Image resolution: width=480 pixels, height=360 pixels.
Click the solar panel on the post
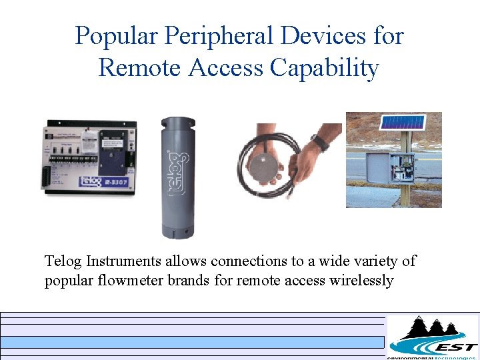(x=401, y=123)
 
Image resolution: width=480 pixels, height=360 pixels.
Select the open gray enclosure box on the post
(x=402, y=169)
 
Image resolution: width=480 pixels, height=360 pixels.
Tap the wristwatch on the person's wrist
(x=319, y=142)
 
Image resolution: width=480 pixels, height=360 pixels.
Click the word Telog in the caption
(x=63, y=261)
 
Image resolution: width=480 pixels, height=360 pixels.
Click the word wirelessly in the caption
(x=361, y=280)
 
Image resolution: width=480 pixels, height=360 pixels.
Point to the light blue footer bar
(x=193, y=342)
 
